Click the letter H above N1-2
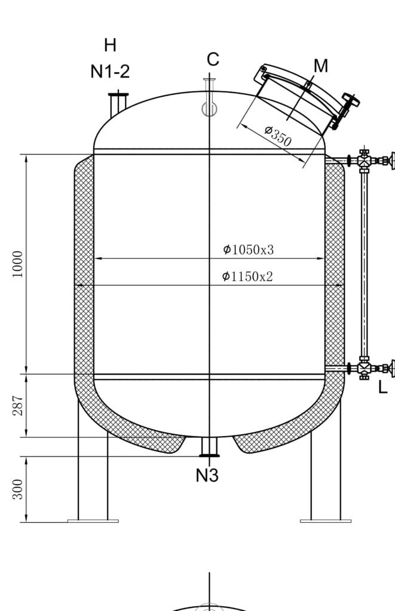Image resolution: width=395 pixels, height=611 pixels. coord(110,45)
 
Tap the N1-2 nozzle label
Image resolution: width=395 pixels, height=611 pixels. coord(110,72)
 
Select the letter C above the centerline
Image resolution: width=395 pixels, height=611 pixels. coord(213,60)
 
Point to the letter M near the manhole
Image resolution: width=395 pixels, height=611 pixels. coord(320,66)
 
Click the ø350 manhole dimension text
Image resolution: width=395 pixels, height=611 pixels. coord(278,135)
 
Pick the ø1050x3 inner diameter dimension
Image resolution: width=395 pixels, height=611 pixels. coord(248,249)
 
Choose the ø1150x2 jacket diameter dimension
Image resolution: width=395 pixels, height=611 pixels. coord(247,277)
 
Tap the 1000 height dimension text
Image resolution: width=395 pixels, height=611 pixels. coord(18,264)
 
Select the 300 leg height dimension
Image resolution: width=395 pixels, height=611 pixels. coord(18,489)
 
